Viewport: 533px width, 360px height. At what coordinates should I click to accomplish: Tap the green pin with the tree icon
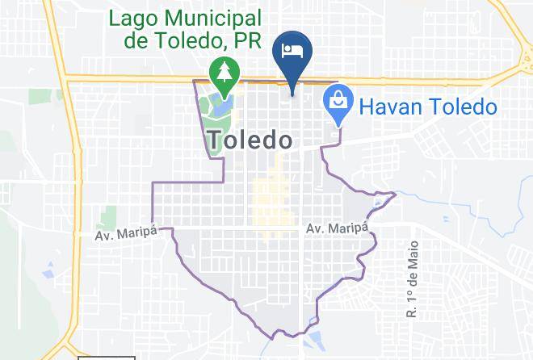(221, 73)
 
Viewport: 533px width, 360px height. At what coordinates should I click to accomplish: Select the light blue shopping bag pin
(337, 103)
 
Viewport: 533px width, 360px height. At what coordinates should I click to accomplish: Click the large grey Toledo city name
(250, 140)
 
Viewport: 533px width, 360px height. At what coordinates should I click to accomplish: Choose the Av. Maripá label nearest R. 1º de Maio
(337, 230)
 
